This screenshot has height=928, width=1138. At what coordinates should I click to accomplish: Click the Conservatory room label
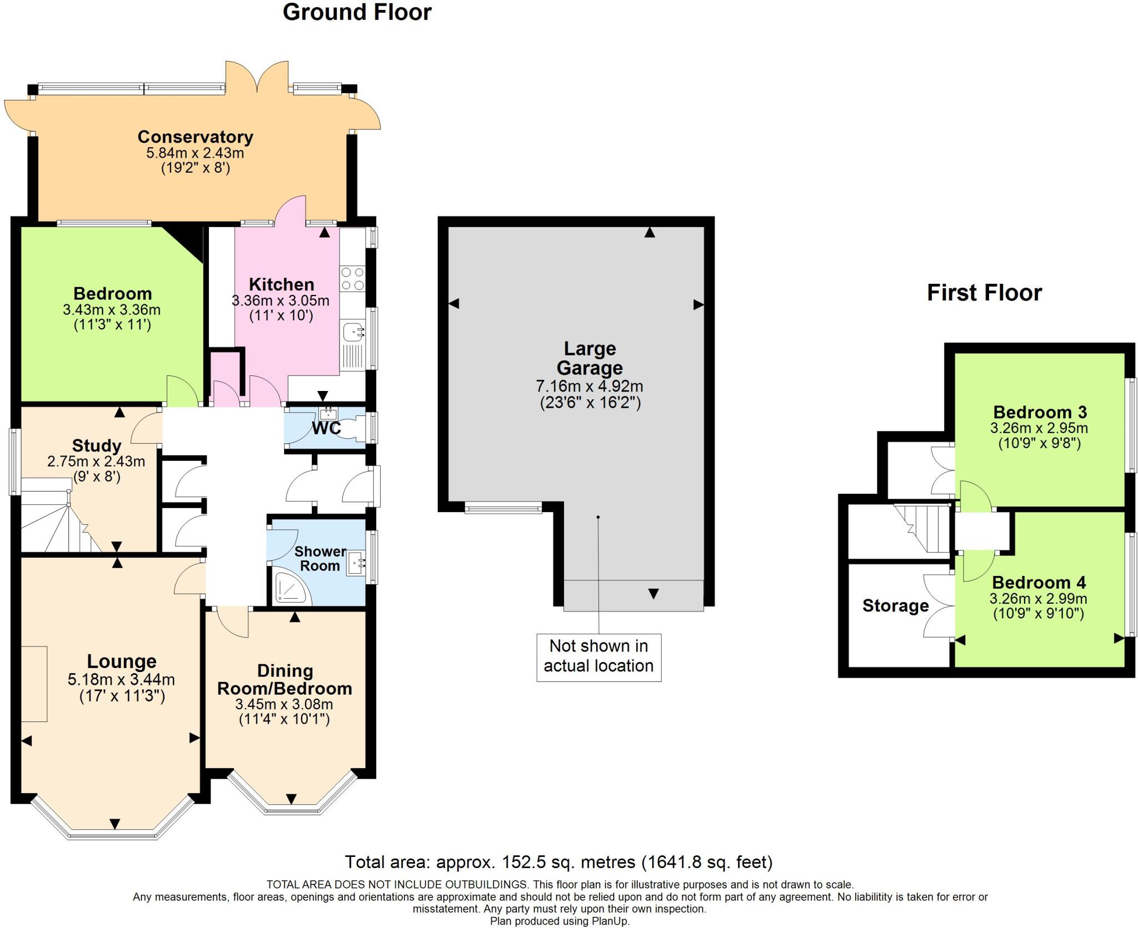[x=195, y=137]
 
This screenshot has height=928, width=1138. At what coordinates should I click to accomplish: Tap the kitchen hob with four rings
[x=352, y=279]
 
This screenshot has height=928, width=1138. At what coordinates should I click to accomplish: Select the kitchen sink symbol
[x=353, y=333]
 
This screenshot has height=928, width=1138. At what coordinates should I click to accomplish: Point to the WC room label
[x=327, y=428]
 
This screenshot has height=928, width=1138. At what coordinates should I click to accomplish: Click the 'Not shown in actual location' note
[x=598, y=656]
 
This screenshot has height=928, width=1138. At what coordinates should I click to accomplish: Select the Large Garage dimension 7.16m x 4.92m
[x=590, y=385]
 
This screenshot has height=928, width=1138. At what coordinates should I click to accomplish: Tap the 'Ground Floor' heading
[x=357, y=12]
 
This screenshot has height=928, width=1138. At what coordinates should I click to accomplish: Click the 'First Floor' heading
[x=984, y=293]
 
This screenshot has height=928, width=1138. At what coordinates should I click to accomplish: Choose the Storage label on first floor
[x=895, y=605]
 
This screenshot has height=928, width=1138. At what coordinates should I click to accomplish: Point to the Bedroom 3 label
[x=1040, y=412]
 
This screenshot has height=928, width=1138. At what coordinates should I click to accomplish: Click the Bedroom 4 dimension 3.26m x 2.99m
[x=1038, y=599]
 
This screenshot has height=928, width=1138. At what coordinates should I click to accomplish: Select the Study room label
[x=97, y=445]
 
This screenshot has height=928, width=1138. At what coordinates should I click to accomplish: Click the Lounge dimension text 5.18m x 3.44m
[x=121, y=679]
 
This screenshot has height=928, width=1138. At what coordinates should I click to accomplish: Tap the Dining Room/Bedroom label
[x=284, y=680]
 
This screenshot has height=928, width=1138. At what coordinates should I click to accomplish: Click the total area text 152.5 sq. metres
[x=558, y=862]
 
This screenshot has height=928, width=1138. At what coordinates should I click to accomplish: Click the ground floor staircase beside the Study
[x=61, y=522]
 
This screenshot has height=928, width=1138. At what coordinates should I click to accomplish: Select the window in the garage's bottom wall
[x=503, y=508]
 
